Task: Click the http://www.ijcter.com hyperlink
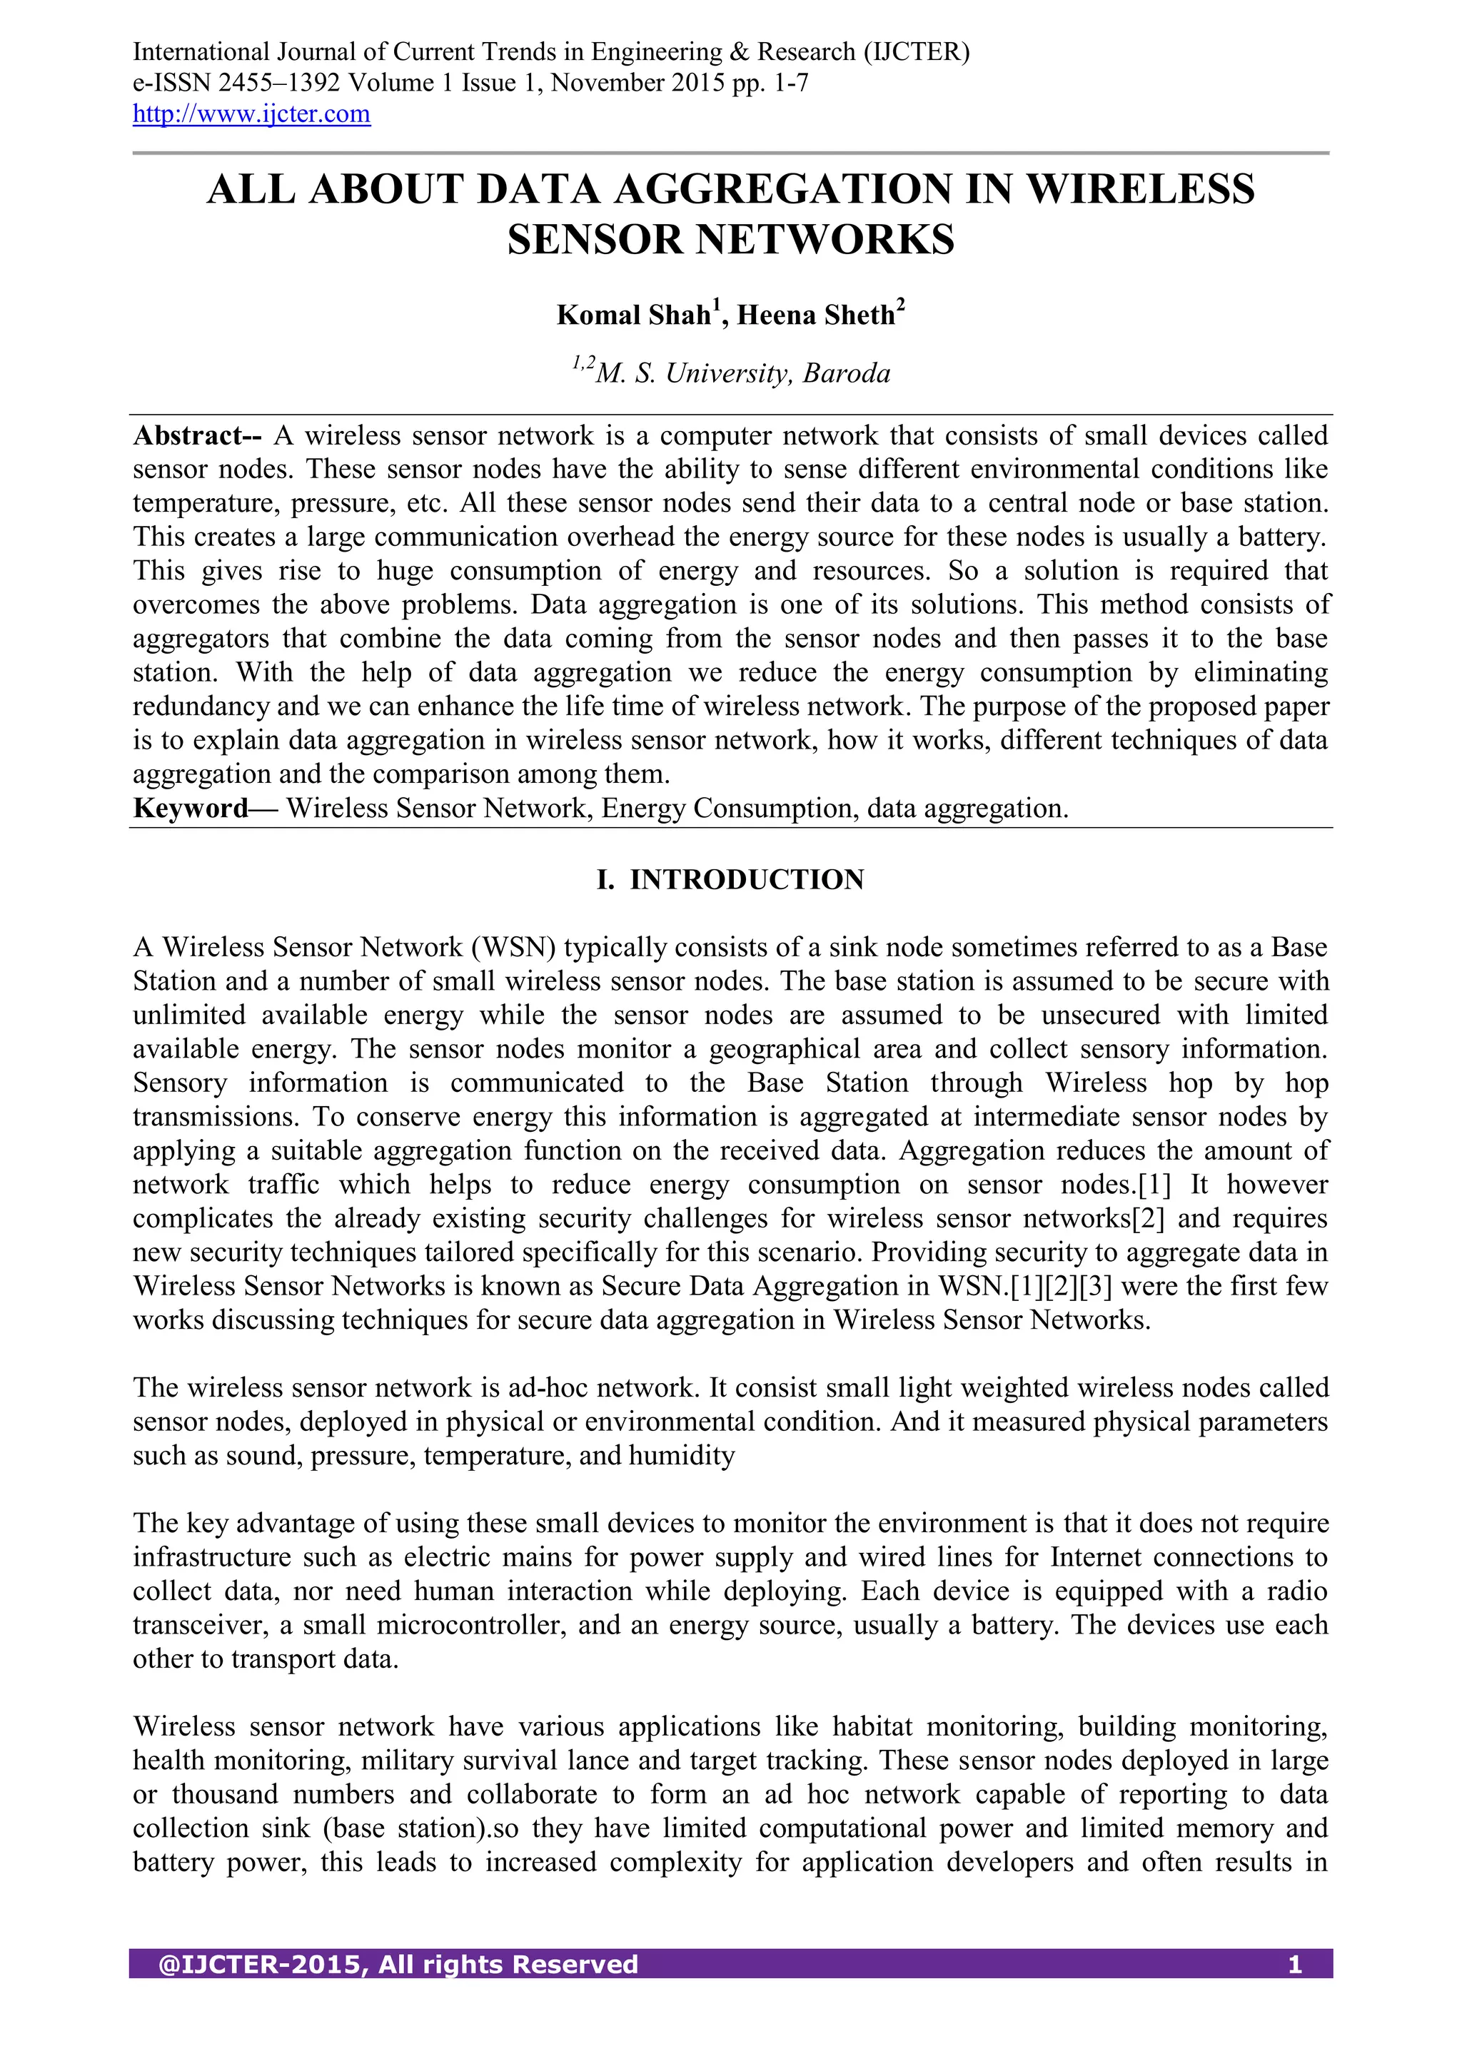pos(251,114)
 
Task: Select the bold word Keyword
pos(190,808)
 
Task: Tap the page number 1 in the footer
pos(1294,1990)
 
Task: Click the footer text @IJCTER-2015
pos(262,1990)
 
